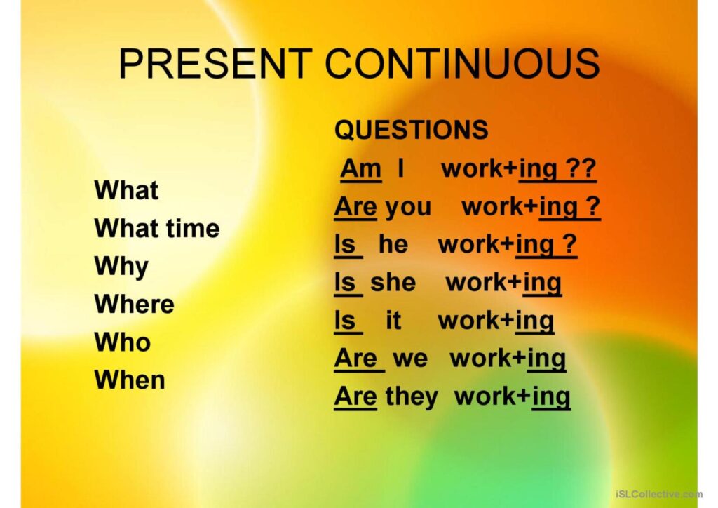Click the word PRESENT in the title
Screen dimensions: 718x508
pos(215,63)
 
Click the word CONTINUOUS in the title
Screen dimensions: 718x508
pos(463,63)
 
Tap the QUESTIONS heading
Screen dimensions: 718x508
pos(411,129)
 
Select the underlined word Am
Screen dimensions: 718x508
pos(361,168)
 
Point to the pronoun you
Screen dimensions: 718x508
pos(409,208)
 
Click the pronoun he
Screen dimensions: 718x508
pos(393,243)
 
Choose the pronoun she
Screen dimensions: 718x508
pos(393,282)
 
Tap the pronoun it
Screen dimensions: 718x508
pos(393,320)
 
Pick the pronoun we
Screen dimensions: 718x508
pos(410,359)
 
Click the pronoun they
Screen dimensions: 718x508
pos(412,396)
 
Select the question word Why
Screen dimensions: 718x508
pos(121,267)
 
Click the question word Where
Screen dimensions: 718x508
pos(134,304)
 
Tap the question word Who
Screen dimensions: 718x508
pos(122,342)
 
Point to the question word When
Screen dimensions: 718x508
pos(130,380)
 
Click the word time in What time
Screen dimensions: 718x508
pos(193,228)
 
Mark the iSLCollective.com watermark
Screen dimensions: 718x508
pos(659,494)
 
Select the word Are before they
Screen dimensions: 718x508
pos(355,396)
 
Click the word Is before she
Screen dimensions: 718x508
pos(345,282)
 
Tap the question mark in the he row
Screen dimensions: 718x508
pos(569,243)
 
